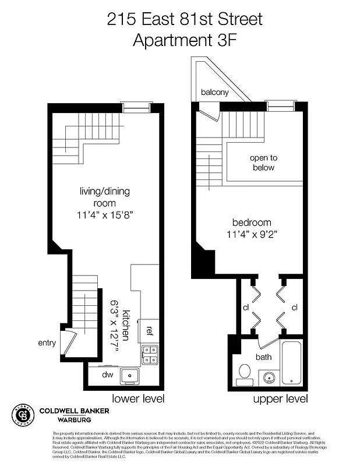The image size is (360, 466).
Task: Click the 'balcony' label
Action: click(215, 92)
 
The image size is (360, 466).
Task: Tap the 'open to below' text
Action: click(263, 163)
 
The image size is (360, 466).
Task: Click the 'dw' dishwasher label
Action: click(107, 375)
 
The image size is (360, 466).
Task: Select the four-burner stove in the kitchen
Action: click(149, 355)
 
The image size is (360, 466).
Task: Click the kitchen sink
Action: click(129, 376)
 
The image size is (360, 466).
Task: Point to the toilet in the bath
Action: click(245, 371)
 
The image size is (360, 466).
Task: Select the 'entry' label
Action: click(47, 343)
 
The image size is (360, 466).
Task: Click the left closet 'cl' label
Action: click(246, 307)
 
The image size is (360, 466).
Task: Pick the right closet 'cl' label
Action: click(294, 307)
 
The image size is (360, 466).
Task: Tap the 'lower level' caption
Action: click(138, 399)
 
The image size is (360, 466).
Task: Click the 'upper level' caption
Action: click(280, 399)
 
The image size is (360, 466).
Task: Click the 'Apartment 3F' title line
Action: click(185, 40)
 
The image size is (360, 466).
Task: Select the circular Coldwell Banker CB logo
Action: click(24, 415)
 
